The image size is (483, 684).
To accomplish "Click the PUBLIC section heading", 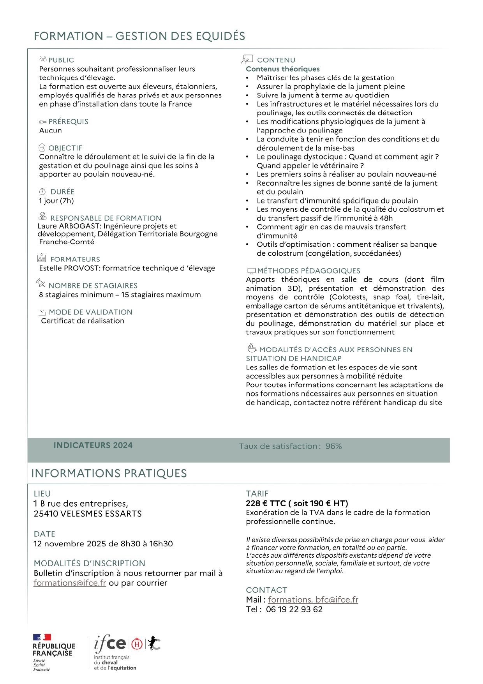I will click(61, 60).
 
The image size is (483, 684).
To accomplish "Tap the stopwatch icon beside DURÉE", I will click(42, 191).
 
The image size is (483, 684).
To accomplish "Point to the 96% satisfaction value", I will click(333, 446).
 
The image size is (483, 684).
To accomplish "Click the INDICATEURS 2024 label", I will click(93, 445).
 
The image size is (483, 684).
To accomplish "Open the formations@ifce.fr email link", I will click(70, 583).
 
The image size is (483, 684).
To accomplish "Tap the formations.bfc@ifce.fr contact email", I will click(313, 600).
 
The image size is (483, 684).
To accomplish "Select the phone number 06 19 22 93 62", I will click(294, 610).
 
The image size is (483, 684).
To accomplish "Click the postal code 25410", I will click(46, 514).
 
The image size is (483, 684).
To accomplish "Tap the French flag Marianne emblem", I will click(42, 637).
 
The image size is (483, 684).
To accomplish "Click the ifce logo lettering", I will click(110, 643).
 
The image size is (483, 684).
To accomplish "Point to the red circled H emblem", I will click(137, 644).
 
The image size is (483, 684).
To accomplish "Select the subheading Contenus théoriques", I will click(282, 69).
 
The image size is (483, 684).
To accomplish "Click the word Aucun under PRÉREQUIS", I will click(50, 131).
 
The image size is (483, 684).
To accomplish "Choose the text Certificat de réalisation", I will click(83, 321).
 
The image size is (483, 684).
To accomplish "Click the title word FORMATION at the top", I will click(68, 36).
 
